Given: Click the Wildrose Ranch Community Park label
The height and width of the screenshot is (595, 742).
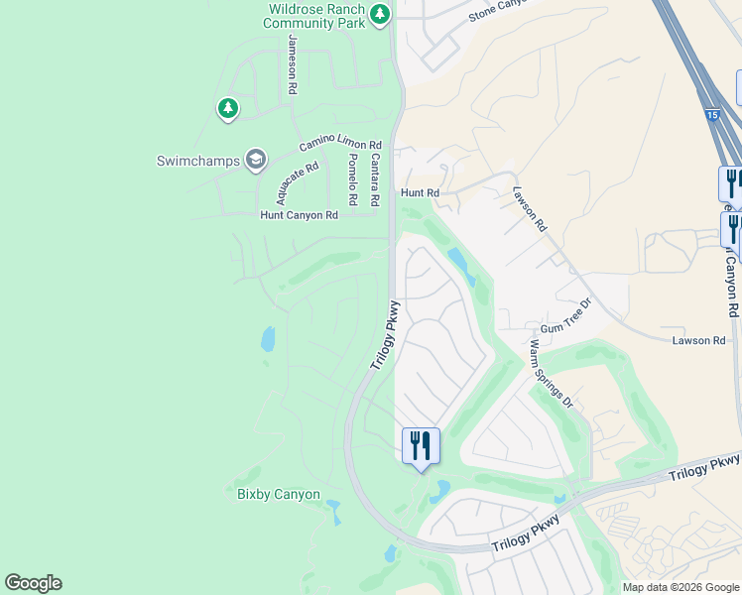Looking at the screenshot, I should click(315, 17).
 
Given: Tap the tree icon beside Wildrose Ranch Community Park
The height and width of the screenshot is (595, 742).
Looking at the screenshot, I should click(379, 15).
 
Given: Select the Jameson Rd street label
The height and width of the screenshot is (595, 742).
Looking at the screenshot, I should click(292, 64).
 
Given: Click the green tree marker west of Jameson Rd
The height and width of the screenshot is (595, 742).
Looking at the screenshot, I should click(228, 107).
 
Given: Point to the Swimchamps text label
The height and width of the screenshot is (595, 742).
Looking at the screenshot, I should click(198, 161).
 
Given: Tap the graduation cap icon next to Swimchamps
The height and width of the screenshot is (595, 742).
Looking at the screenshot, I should click(256, 160).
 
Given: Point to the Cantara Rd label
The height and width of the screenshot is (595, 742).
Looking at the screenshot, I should click(375, 179).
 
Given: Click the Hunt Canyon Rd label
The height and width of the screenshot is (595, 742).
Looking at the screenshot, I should click(299, 214).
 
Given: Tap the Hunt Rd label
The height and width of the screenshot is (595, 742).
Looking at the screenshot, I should click(419, 193).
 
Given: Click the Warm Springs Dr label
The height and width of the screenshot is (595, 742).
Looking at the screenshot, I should click(552, 374).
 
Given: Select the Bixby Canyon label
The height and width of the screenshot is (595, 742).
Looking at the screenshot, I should click(278, 494).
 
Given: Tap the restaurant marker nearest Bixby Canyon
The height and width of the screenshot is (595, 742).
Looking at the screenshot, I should click(421, 445).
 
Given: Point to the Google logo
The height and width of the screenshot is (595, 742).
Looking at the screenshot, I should click(33, 583).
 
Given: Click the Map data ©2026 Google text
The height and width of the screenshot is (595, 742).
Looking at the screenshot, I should click(680, 587).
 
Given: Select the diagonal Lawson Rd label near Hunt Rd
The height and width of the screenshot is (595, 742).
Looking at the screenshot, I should click(530, 209).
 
